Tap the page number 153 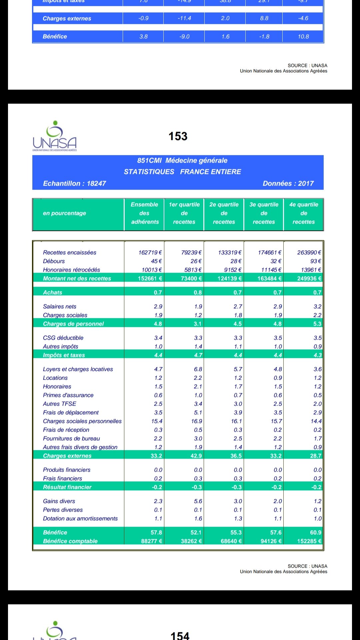178,136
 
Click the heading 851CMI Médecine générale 182,160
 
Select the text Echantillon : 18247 74,183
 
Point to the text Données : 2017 288,183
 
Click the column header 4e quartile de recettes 303,213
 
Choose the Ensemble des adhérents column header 144,213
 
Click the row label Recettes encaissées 69,253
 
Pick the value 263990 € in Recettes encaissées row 309,253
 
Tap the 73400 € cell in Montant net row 191,278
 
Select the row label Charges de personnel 73,324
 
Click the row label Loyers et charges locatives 78,369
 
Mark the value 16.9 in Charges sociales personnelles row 197,421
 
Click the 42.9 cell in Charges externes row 196,456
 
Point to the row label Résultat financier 67,487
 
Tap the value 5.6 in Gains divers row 198,501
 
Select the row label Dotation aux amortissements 80,519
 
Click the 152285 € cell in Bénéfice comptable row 309,541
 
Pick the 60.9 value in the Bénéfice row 315,532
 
